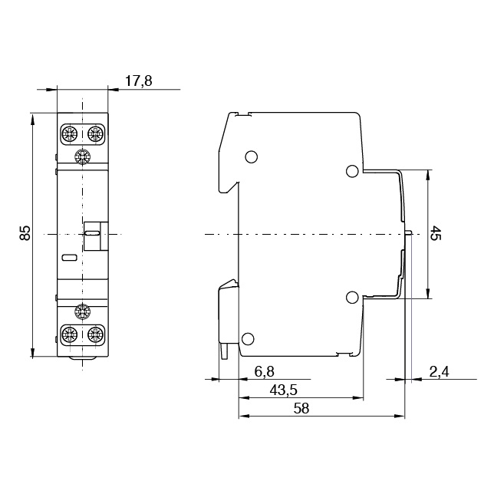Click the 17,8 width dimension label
point(138,80)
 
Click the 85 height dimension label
point(25,233)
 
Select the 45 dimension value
point(436,233)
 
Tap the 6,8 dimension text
point(264,371)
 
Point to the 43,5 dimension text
point(283,390)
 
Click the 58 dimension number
point(301,409)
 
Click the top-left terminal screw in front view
point(68,134)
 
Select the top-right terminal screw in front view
point(95,134)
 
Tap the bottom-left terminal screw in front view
point(68,334)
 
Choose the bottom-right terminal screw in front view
point(95,334)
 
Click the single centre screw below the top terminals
point(81,157)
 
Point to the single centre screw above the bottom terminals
point(81,311)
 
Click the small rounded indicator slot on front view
point(68,258)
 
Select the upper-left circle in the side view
point(250,158)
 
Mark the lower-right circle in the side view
point(352,298)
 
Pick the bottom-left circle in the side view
point(248,339)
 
